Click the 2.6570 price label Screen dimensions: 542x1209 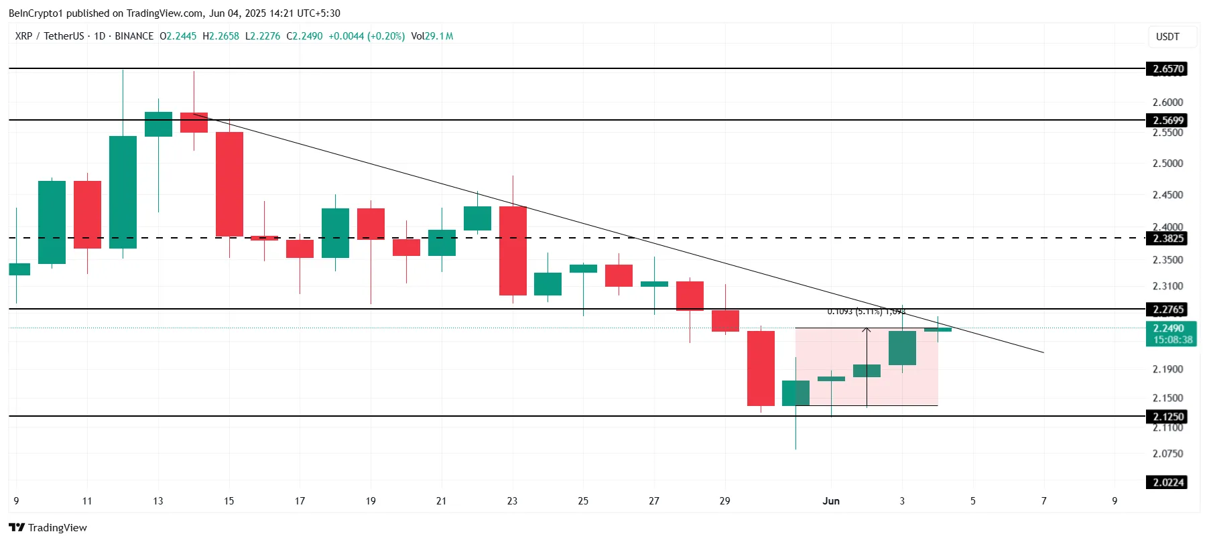pyautogui.click(x=1167, y=69)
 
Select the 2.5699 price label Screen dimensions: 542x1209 pyautogui.click(x=1167, y=121)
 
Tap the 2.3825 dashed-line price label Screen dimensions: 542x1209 pyautogui.click(x=1167, y=239)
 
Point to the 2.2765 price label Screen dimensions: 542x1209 pyautogui.click(x=1167, y=310)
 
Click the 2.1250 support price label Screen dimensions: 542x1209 pyautogui.click(x=1167, y=417)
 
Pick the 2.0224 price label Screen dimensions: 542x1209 pyautogui.click(x=1167, y=482)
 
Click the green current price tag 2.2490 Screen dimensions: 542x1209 pyautogui.click(x=1168, y=328)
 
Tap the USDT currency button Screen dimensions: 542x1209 pyautogui.click(x=1167, y=37)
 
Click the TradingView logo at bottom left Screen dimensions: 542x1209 pyautogui.click(x=48, y=527)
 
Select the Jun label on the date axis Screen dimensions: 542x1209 pyautogui.click(x=831, y=501)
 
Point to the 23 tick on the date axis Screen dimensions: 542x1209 pyautogui.click(x=512, y=501)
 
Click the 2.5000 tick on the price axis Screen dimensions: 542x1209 pyautogui.click(x=1167, y=163)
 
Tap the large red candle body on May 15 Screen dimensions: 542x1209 pyautogui.click(x=229, y=184)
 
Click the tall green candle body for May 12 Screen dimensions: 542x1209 pyautogui.click(x=123, y=192)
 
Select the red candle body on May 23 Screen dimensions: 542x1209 pyautogui.click(x=513, y=251)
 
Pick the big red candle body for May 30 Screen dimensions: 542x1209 pyautogui.click(x=761, y=368)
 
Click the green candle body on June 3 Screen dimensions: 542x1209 pyautogui.click(x=902, y=348)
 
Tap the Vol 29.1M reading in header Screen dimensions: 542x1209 pyautogui.click(x=432, y=36)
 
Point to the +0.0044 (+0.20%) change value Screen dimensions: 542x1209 pyautogui.click(x=367, y=36)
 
